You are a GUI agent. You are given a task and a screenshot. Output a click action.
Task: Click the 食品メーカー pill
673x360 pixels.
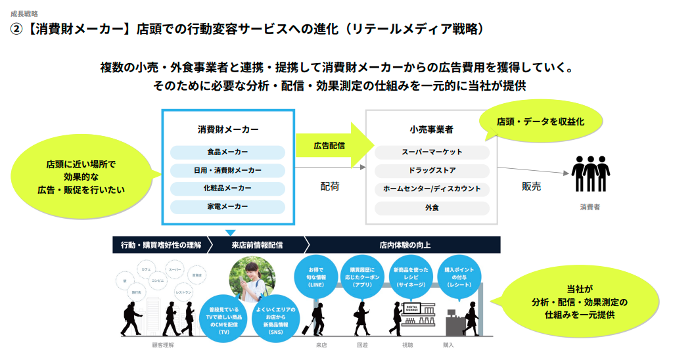[227, 152]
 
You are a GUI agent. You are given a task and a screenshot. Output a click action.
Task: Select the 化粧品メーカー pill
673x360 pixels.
[227, 189]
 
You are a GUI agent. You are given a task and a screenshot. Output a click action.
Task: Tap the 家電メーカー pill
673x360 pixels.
[227, 207]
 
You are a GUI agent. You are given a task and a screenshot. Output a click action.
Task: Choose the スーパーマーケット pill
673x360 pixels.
[432, 152]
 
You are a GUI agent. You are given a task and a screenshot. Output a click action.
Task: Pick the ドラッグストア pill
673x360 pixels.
[432, 171]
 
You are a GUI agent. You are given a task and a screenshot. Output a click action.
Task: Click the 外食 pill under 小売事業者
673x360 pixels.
[432, 208]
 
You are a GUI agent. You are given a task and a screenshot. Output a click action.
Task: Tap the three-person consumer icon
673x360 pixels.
[589, 174]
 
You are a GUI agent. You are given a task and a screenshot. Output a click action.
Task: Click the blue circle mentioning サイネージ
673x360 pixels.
[409, 277]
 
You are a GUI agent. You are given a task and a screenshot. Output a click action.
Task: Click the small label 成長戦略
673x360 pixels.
[24, 13]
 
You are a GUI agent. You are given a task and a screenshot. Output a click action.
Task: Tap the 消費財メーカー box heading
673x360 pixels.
[227, 129]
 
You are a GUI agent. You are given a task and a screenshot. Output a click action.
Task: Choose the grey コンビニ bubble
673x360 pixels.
[158, 280]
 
